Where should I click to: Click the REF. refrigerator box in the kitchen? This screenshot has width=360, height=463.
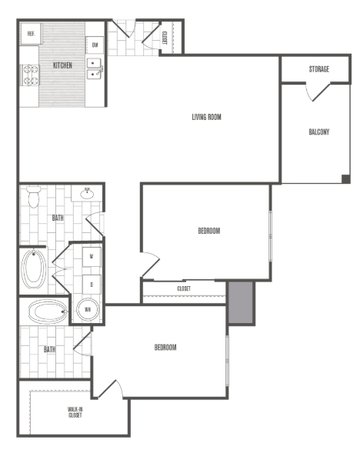coord(32,33)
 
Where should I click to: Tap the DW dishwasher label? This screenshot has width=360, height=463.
coord(95,45)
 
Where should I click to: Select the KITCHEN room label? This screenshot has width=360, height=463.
coord(62,65)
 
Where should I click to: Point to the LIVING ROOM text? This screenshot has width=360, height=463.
coord(207,117)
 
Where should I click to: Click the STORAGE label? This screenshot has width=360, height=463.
coord(319,69)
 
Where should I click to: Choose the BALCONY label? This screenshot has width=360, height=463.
coord(319,132)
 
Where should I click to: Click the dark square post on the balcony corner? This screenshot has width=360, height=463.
coord(346,179)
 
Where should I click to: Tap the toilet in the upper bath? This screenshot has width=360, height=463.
coord(32,198)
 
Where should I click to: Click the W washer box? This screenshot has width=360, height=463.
coord(92,256)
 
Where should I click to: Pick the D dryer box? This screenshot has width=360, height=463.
coord(92,284)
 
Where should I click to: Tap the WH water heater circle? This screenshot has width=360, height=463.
coord(88,311)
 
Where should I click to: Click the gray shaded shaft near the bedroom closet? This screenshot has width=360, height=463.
coord(241,303)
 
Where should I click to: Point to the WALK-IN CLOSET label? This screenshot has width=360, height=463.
coord(75,416)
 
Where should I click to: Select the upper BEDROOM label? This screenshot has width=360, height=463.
coord(209,231)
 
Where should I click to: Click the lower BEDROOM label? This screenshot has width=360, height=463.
coord(165,348)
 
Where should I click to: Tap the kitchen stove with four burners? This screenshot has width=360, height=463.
coord(30,74)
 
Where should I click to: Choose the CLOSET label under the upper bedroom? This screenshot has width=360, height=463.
coord(184,288)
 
